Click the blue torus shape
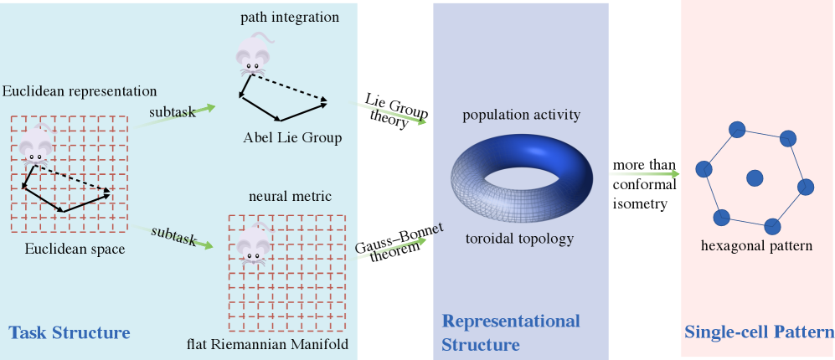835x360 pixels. coord(521,176)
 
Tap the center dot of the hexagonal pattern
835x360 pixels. coord(755,177)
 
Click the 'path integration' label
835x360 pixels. coord(290,17)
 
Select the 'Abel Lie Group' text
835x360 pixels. coord(292,137)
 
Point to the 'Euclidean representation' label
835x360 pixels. coord(80,90)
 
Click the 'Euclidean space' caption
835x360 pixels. coord(75,249)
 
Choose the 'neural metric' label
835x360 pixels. coord(290,196)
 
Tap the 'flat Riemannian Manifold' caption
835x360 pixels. coord(267,344)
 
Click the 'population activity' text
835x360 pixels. coord(521,115)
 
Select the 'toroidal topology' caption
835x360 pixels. coord(519,239)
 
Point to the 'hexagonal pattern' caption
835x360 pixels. coord(756,246)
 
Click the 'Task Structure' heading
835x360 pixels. coord(70,333)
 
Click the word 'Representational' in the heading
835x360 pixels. coord(511,321)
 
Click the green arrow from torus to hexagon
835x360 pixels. coord(645,174)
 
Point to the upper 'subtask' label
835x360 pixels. coord(173,111)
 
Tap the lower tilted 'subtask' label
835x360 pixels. coord(173,236)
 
